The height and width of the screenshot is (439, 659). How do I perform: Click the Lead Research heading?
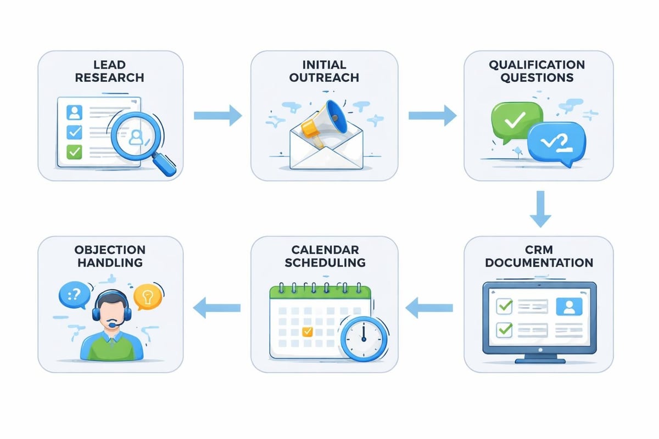[110, 71]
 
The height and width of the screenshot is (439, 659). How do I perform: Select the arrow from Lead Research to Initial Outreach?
[217, 115]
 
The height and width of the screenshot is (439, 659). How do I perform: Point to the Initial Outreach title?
[324, 71]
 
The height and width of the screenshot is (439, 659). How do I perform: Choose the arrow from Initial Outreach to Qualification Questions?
[432, 115]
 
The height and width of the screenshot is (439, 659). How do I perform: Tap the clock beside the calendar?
[363, 339]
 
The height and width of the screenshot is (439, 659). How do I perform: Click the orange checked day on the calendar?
[308, 331]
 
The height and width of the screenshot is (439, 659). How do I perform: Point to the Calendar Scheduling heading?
[324, 256]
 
